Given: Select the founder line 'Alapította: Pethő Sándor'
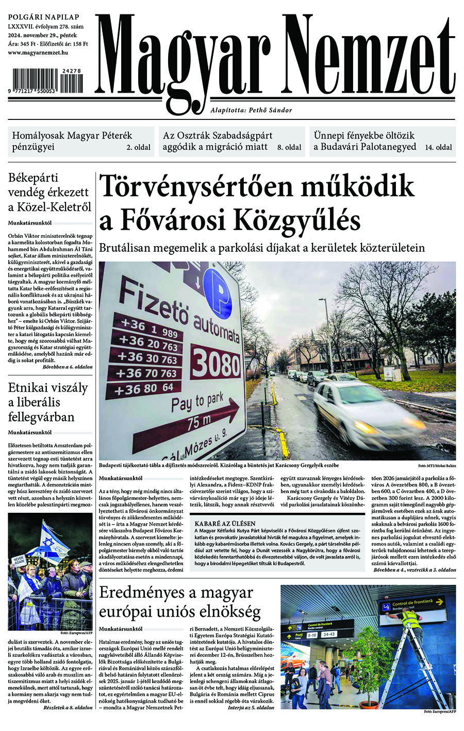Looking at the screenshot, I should point(251,110).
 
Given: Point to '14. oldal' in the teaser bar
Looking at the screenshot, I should point(439,147).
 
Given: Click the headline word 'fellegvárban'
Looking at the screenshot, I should point(42,416).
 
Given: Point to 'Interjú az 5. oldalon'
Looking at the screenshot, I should point(251,708).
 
